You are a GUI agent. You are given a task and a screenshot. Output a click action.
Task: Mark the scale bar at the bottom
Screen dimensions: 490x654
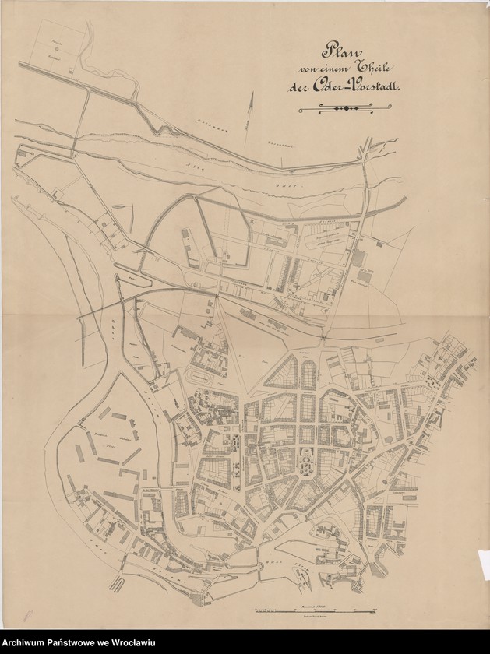(x=312, y=607)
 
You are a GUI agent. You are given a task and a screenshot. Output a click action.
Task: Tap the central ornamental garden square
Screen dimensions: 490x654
(x=305, y=463)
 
